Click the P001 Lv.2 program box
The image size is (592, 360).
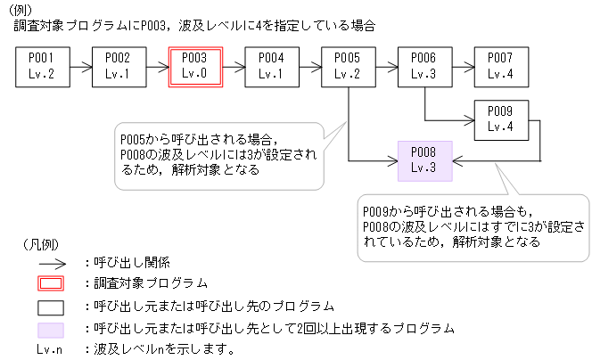[x=42, y=66]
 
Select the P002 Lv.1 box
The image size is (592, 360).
[x=118, y=66]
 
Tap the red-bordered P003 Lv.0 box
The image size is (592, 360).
[x=194, y=66]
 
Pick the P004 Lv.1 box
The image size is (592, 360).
[x=271, y=66]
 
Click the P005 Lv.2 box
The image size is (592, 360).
[x=348, y=66]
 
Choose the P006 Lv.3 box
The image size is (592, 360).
[x=424, y=66]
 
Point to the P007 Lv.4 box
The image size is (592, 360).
[x=501, y=66]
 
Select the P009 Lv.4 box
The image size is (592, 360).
[x=501, y=119]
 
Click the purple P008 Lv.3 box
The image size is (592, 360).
[x=424, y=160]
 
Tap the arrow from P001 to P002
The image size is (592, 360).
[x=80, y=66]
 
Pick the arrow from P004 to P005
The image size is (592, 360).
[x=309, y=66]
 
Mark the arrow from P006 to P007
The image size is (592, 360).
[x=463, y=66]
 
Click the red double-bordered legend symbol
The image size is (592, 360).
[x=50, y=284]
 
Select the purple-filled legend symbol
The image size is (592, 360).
[x=50, y=328]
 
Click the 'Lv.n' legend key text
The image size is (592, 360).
[x=50, y=349]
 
